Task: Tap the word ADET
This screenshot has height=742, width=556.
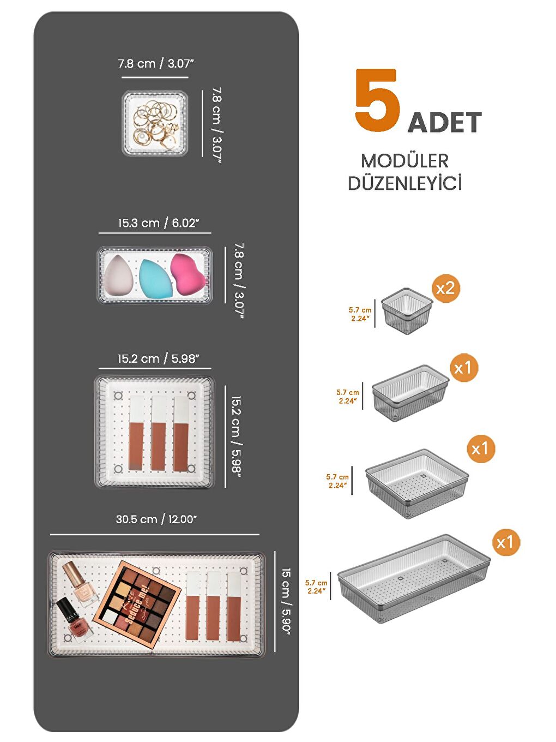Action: pos(444,123)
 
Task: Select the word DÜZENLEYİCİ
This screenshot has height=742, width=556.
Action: pos(404,183)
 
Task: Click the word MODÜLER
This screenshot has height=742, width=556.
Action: pos(404,161)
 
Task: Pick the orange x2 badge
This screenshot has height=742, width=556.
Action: pos(445,288)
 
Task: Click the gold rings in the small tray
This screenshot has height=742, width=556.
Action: pos(155,123)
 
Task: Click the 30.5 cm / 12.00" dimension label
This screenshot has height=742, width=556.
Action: pos(156,519)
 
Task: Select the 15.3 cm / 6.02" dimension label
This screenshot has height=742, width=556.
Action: pos(158,223)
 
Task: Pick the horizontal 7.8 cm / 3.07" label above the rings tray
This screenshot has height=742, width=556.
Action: pos(155,64)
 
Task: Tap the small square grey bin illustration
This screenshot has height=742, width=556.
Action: pos(407,312)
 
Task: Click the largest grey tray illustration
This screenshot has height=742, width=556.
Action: pos(413,579)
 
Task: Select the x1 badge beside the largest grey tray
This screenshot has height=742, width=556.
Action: pos(504,542)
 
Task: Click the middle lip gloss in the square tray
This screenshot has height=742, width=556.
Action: pos(158,434)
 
